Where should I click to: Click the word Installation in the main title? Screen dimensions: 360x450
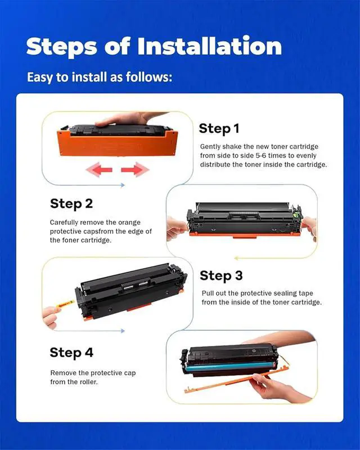210,46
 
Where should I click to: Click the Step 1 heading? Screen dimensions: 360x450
219,128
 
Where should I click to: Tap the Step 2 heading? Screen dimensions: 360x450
71,204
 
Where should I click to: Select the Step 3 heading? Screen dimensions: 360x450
221,276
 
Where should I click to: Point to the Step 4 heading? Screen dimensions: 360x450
71,353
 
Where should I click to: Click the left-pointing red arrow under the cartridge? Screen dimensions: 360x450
99,170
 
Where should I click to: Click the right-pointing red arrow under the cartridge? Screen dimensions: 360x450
135,170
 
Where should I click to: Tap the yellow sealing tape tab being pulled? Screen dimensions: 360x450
65,304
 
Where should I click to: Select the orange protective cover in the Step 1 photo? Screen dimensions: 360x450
118,143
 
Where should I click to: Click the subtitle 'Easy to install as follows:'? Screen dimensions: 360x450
100,77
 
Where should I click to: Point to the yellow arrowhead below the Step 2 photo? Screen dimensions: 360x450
236,258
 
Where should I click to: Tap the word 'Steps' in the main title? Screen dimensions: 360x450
62,47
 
